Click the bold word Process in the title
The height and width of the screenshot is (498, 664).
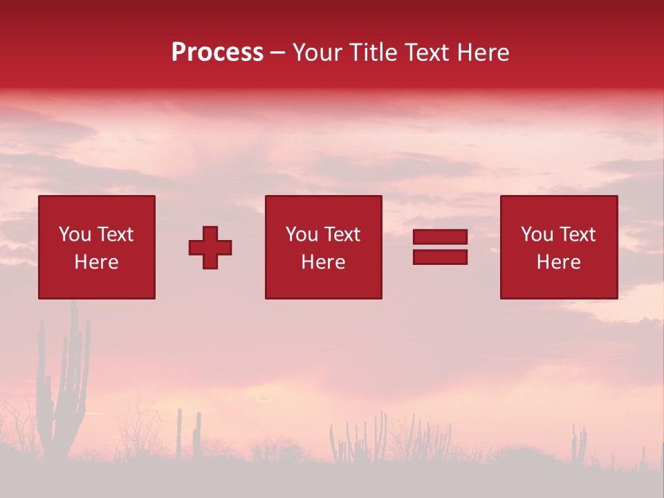(217, 53)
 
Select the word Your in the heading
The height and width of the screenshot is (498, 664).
(319, 53)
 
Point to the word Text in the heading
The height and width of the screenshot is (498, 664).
(425, 53)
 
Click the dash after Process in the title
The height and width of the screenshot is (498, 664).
(278, 53)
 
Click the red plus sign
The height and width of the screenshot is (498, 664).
(210, 247)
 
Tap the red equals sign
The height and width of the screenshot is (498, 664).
(440, 247)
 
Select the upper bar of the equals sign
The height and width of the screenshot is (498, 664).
(440, 237)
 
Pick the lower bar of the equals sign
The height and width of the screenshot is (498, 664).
(440, 257)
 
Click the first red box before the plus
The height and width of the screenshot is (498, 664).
(97, 247)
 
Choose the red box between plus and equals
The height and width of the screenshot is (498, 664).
(323, 247)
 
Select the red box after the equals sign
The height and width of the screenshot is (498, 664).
(558, 247)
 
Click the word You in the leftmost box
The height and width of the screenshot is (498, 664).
(75, 234)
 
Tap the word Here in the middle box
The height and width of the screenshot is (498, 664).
(323, 262)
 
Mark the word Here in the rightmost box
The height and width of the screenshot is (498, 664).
(558, 262)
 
